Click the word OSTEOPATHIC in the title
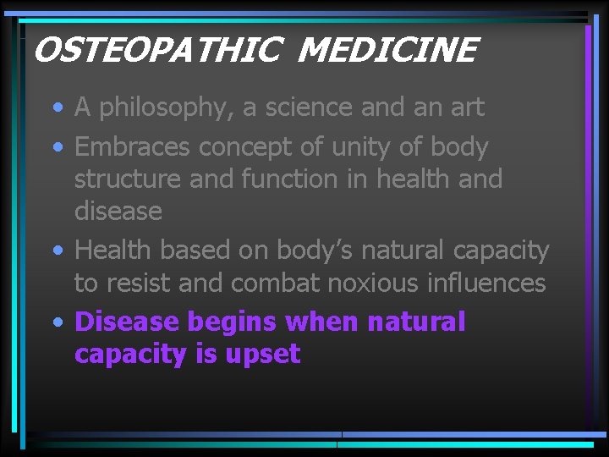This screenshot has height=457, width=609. [x=156, y=52]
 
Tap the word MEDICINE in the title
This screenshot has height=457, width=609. [x=387, y=52]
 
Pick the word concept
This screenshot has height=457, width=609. [x=245, y=147]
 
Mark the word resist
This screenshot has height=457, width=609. [x=143, y=283]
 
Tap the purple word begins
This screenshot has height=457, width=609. [x=233, y=322]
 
